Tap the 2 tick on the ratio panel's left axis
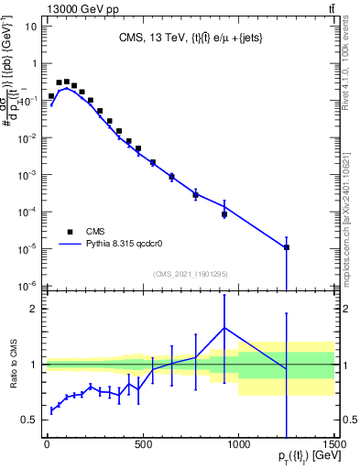coord(33,309)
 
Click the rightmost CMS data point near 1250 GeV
coord(287,247)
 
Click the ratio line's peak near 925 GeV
coord(224,328)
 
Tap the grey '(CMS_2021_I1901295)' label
coord(189,273)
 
